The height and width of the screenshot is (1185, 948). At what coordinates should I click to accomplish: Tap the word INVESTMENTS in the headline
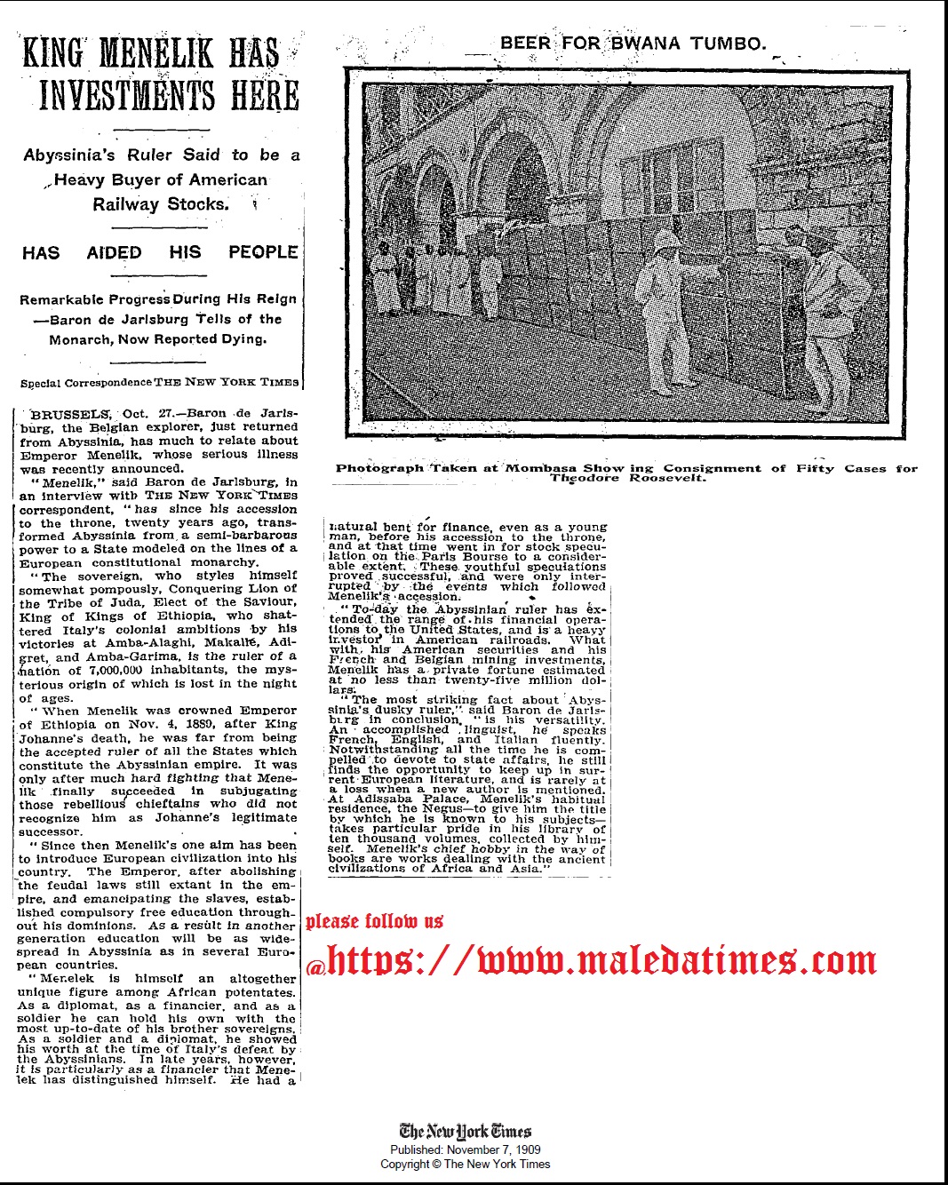(124, 95)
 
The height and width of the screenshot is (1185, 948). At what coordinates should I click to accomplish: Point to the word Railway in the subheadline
(123, 203)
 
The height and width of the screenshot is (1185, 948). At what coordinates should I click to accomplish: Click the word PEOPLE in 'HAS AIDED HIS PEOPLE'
(263, 252)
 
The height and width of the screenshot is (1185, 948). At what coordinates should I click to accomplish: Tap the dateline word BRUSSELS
(70, 414)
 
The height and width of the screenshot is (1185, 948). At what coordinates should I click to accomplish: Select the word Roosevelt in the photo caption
(667, 478)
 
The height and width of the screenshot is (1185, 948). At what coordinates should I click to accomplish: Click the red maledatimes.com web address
(601, 960)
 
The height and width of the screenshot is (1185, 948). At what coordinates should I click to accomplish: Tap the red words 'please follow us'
(374, 921)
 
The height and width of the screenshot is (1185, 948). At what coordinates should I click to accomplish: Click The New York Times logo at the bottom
(465, 1131)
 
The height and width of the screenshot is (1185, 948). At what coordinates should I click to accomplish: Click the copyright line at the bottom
(465, 1164)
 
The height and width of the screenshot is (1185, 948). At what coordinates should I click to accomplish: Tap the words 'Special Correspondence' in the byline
(85, 383)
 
